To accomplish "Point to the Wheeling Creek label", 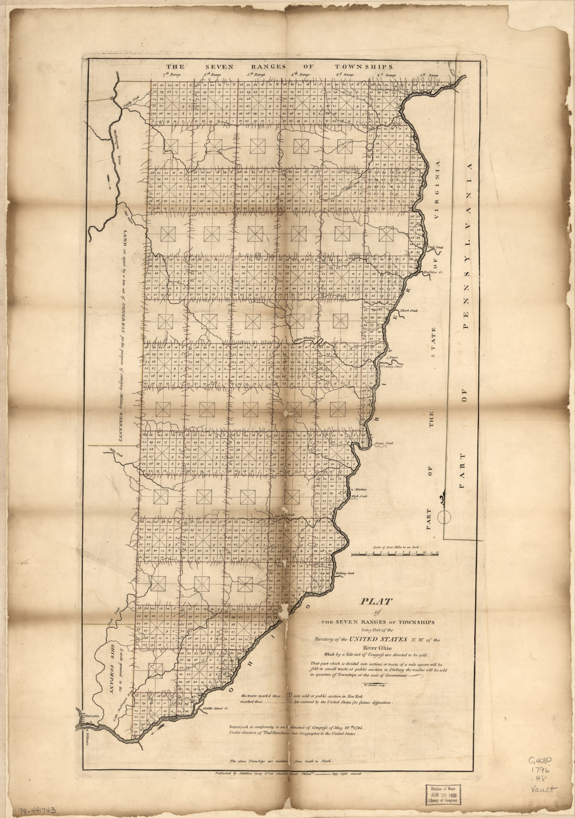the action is [392, 366].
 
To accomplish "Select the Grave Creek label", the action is [384, 443].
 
